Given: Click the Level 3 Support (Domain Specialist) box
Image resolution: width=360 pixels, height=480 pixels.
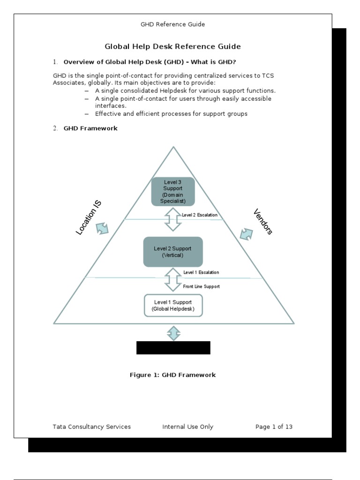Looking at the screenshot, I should pyautogui.click(x=172, y=191).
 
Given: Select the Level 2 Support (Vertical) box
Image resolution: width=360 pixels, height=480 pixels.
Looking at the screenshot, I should pyautogui.click(x=172, y=252).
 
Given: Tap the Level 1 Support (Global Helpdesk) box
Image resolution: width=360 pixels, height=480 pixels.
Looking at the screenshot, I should pyautogui.click(x=173, y=305).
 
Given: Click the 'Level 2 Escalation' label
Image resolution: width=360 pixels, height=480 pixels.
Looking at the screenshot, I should pyautogui.click(x=200, y=215).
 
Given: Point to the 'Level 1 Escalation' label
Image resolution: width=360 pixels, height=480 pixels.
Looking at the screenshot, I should pyautogui.click(x=201, y=272).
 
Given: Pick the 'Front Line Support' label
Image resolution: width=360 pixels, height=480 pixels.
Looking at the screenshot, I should pyautogui.click(x=201, y=286).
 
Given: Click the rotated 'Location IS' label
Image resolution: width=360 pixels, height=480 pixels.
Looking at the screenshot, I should pyautogui.click(x=89, y=217).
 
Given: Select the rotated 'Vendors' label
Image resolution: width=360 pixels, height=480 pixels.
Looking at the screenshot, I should pyautogui.click(x=263, y=221).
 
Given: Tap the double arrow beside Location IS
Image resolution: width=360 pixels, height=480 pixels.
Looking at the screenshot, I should pyautogui.click(x=102, y=228).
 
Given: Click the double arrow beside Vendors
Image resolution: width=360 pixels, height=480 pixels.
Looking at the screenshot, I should pyautogui.click(x=246, y=234).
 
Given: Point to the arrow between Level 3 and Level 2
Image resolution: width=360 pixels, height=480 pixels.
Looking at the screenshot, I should pyautogui.click(x=172, y=219).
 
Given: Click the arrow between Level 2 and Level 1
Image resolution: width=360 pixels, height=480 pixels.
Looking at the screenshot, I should pyautogui.click(x=172, y=279).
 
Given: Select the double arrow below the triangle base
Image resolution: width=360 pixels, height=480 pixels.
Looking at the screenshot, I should pyautogui.click(x=173, y=333).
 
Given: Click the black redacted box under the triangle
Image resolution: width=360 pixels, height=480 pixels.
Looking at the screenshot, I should pyautogui.click(x=173, y=348).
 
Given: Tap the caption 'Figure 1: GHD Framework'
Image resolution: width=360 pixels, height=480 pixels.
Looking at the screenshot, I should pyautogui.click(x=172, y=375).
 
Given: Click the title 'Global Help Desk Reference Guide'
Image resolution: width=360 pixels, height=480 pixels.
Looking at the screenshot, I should pyautogui.click(x=172, y=46).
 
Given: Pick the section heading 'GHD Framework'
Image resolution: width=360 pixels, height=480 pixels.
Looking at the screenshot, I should pyautogui.click(x=90, y=128).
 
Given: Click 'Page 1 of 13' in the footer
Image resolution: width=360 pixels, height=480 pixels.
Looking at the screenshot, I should pyautogui.click(x=274, y=427).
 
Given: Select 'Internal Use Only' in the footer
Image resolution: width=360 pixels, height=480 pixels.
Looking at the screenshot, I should pyautogui.click(x=187, y=427).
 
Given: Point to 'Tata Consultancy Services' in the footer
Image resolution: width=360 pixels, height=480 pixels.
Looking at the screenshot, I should pyautogui.click(x=92, y=427).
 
